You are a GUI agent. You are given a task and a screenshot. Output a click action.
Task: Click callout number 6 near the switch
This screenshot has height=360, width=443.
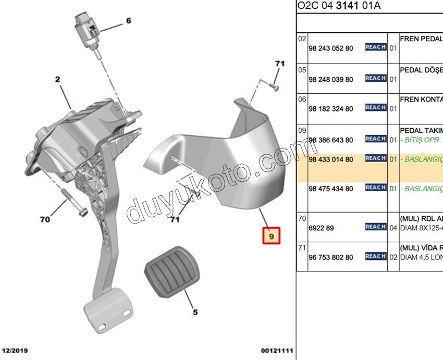(x=128, y=21)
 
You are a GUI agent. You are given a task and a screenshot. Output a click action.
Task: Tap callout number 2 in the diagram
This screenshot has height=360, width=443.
(x=57, y=80)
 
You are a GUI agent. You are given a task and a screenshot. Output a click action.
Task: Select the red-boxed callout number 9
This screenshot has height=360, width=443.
(x=271, y=237)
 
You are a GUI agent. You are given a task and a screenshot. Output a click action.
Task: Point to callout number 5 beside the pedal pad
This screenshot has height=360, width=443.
(x=195, y=313)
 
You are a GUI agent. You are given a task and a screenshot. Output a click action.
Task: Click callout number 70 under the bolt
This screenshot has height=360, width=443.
(x=45, y=219)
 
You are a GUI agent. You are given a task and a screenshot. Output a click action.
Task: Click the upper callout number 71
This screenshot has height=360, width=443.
(x=280, y=64)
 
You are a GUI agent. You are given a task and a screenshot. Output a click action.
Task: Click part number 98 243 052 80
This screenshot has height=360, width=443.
(x=330, y=48)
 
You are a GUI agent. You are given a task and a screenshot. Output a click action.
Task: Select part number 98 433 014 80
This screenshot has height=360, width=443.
(x=330, y=159)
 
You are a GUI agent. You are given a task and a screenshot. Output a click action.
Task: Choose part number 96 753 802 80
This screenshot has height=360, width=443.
(x=330, y=257)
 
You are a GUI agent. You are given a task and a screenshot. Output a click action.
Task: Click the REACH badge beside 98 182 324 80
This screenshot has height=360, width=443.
(x=375, y=107)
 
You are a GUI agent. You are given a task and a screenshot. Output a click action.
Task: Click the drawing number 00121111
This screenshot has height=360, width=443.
(x=277, y=351)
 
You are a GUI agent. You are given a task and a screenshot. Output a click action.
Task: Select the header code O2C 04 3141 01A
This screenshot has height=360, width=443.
(x=339, y=6)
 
